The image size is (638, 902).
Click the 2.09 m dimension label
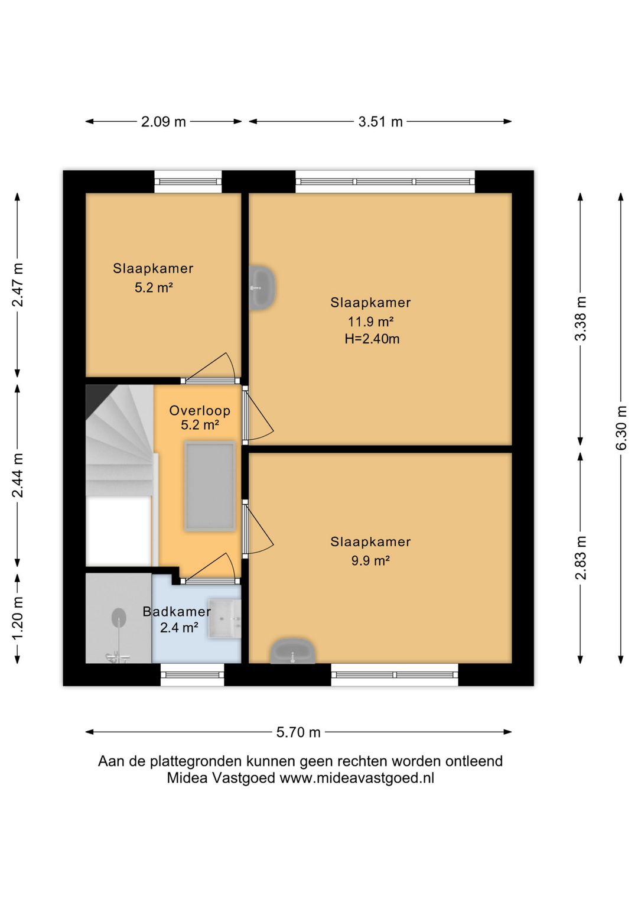coord(164,122)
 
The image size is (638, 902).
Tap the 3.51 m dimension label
coord(380,122)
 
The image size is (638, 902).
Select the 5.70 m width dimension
coord(298,732)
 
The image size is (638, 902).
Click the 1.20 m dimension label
coord(18,618)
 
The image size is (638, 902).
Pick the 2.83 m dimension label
coord(581,558)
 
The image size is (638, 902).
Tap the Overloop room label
coord(200,410)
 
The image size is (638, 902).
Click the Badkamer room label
coord(177,612)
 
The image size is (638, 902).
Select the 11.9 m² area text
coord(370,322)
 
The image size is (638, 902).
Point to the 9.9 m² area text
coord(370,560)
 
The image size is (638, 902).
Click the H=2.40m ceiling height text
coord(372,339)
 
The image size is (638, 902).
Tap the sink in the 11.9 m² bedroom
coord(262,287)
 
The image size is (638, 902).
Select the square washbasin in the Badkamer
coord(224,618)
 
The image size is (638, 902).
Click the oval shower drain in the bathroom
coord(119,617)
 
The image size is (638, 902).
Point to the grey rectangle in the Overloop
coord(210,486)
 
